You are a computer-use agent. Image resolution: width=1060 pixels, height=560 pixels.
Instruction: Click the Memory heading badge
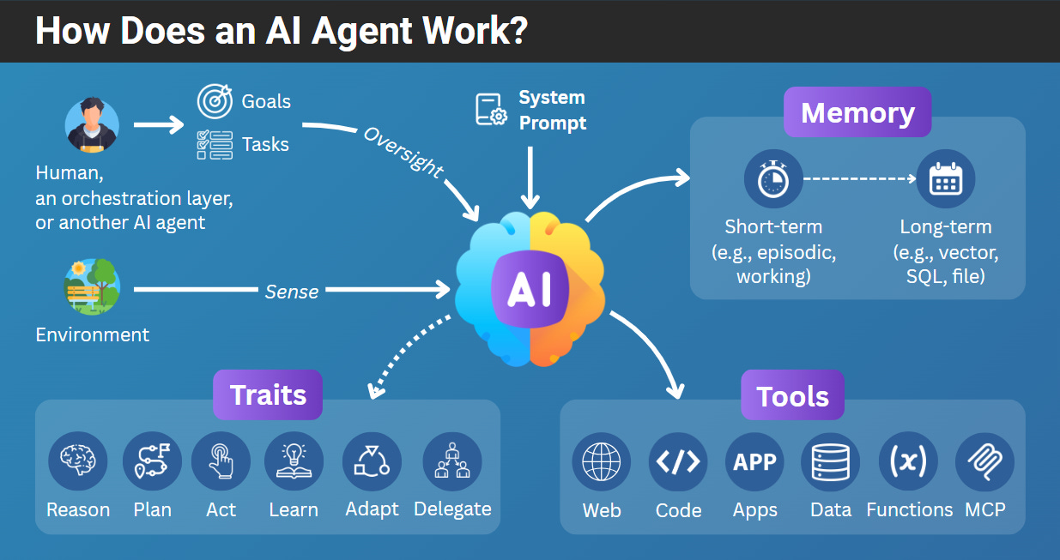click(857, 112)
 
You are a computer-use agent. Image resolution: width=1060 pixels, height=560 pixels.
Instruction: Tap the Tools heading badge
click(792, 395)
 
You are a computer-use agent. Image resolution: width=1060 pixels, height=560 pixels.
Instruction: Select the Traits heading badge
click(268, 394)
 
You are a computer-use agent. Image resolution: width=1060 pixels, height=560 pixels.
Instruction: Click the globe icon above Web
click(601, 461)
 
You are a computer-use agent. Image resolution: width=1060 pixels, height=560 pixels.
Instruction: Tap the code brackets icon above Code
click(678, 461)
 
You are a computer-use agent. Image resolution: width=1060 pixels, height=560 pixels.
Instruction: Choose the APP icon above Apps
click(754, 461)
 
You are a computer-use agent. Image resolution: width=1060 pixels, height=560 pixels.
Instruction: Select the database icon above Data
click(830, 461)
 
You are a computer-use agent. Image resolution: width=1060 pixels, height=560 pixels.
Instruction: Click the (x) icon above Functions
click(908, 461)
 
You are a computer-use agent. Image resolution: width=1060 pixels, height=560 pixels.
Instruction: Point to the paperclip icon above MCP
click(984, 461)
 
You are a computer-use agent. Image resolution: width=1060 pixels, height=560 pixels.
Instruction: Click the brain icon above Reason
click(78, 461)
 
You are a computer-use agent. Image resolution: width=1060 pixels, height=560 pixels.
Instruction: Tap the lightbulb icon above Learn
click(294, 461)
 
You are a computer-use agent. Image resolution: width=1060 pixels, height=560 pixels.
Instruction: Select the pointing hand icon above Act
click(221, 461)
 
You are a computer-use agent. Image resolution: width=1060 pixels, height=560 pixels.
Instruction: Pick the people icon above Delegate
click(452, 461)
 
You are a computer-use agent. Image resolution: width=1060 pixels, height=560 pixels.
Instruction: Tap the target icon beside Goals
click(215, 101)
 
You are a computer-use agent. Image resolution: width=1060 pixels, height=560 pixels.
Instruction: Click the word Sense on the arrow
click(292, 292)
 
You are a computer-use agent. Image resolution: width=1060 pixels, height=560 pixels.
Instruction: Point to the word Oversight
click(403, 152)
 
